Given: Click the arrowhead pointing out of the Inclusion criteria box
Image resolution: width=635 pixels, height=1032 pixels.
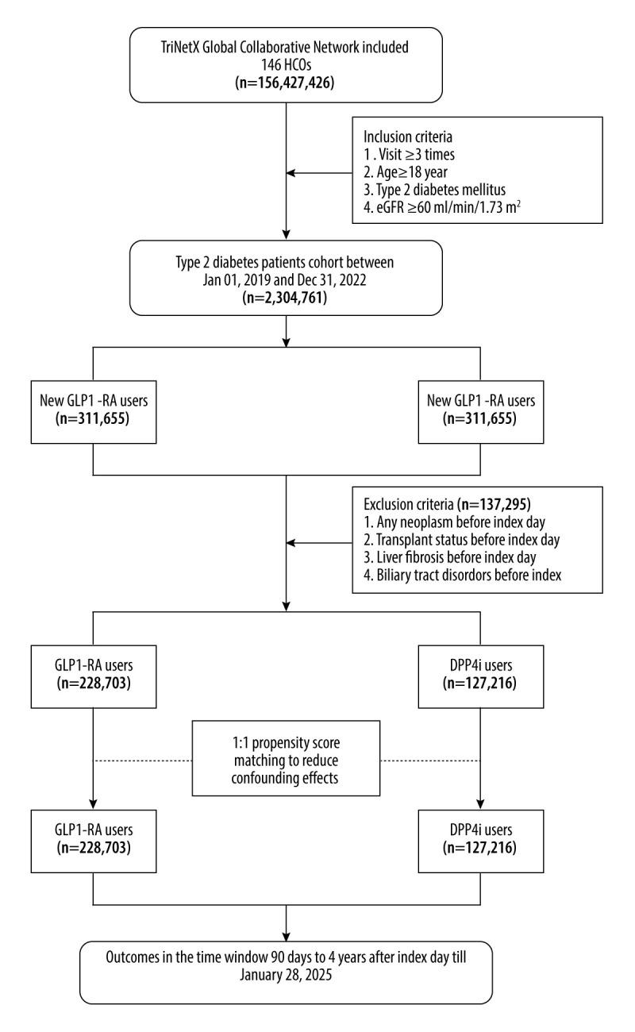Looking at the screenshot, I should (291, 172).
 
